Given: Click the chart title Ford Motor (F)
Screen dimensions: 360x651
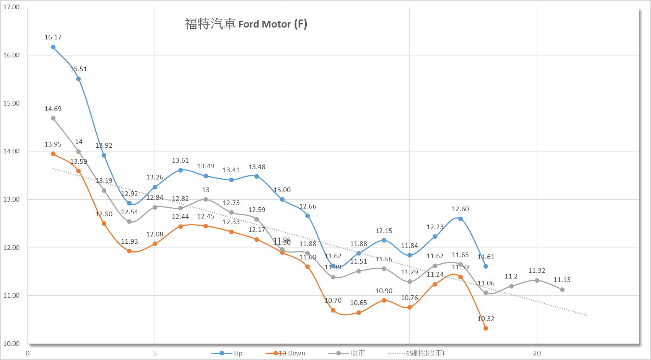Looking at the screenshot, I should pos(246,24).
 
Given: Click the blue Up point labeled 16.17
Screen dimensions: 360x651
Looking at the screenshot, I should pos(53,47).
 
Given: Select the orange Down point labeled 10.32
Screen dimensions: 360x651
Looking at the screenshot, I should pos(486,328).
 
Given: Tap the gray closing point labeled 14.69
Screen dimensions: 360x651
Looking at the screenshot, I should pos(53,118).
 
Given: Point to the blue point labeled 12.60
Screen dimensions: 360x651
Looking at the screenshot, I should pos(461,219).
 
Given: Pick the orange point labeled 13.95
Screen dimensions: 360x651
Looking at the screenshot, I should pos(53,154).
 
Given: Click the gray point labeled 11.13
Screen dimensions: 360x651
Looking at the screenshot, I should pos(562,290).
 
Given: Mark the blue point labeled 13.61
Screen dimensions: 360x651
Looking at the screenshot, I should pos(181,170).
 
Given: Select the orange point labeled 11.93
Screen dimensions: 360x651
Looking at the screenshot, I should pos(129,251).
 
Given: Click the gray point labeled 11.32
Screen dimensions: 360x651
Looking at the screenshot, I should pos(537,280).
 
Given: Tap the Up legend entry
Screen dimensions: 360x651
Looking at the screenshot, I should pos(227,353).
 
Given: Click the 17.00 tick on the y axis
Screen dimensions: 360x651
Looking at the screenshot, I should pos(11,7).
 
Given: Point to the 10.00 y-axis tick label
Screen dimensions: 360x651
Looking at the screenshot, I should pos(11,344).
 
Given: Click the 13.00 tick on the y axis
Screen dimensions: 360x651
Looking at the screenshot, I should pos(11,199).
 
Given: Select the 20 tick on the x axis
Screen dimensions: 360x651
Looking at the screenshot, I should pos(537,353).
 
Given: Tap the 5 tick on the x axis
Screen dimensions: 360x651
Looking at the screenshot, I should pos(155,353).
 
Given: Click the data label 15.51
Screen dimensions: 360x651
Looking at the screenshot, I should pos(79,69).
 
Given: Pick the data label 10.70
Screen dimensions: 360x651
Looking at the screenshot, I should pos(333,300).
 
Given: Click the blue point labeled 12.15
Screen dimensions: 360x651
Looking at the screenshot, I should pos(384,240).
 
